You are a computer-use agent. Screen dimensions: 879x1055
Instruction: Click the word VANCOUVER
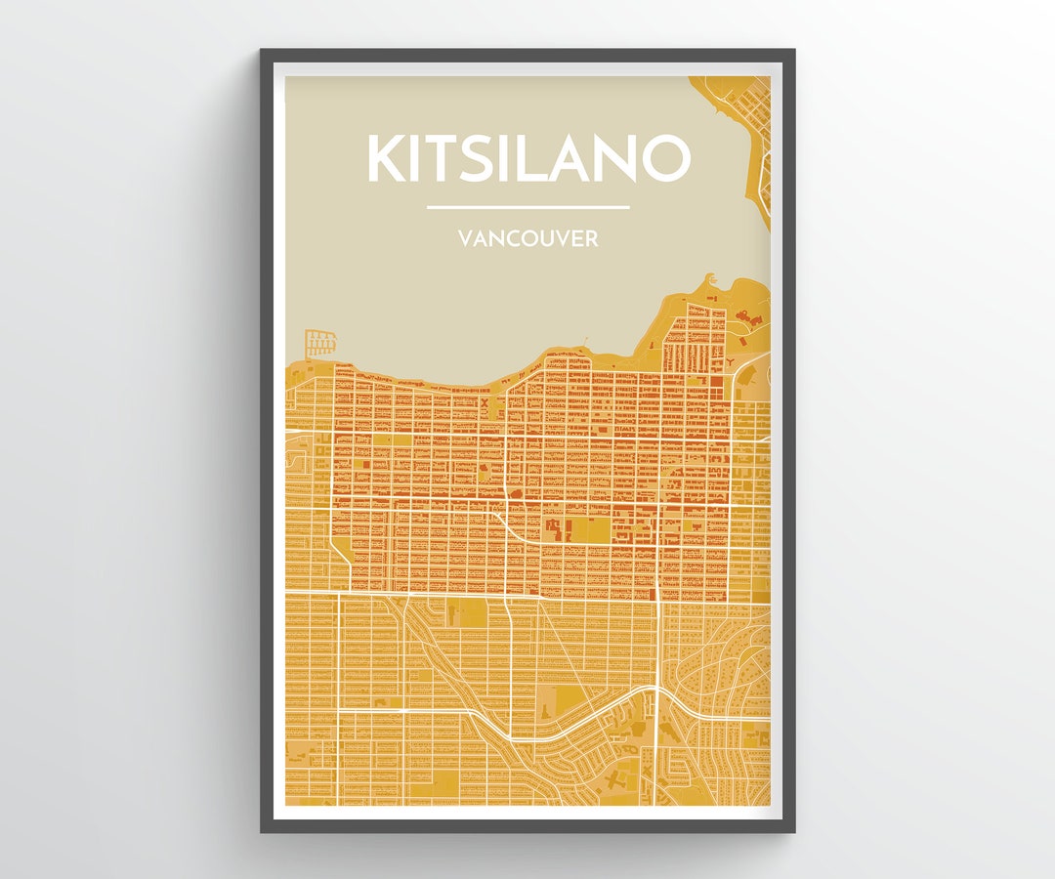tap(527, 238)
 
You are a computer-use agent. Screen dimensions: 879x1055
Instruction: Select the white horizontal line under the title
tap(527, 207)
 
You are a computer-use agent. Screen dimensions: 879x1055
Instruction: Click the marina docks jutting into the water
tap(320, 343)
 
